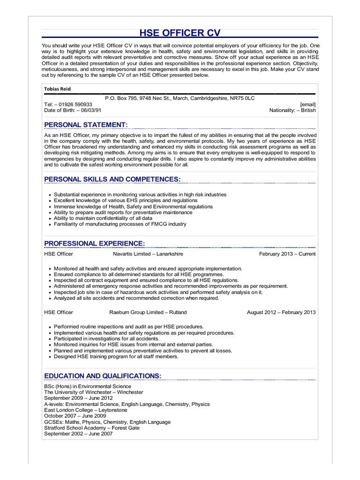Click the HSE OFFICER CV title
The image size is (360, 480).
coord(180,32)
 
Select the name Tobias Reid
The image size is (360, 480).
coord(58,89)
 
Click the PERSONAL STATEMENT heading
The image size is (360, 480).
coord(86,125)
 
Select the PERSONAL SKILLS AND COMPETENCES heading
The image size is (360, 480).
coord(112,179)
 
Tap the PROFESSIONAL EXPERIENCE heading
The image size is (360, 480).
coord(94,243)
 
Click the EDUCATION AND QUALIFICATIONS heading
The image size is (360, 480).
coord(103,376)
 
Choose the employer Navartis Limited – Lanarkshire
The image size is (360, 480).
coord(148,254)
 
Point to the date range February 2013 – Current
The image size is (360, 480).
coord(287,254)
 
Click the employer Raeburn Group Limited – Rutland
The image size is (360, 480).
coord(148,312)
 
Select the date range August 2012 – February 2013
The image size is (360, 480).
coord(281,312)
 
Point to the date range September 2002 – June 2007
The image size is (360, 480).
coord(78,434)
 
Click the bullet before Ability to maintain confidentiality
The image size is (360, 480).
coord(49,218)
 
